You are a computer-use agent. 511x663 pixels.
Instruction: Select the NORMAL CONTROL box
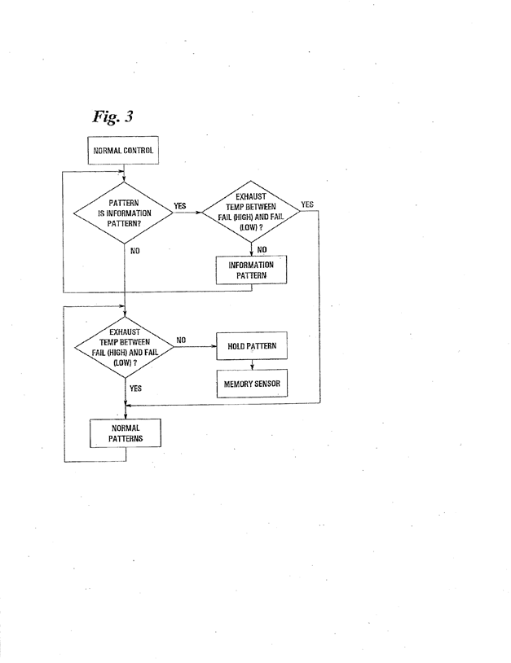point(124,150)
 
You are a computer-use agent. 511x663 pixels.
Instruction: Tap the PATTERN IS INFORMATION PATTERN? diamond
point(124,210)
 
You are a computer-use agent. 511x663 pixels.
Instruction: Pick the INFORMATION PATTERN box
point(252,270)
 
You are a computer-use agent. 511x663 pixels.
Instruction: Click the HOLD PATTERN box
point(252,345)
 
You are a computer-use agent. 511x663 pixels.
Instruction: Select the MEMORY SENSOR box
point(252,383)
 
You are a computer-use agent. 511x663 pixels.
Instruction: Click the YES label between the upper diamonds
point(180,206)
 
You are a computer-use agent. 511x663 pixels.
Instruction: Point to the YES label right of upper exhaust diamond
point(307,204)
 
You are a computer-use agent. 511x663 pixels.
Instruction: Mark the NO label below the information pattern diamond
point(135,251)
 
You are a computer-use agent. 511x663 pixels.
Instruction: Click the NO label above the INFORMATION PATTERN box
point(262,249)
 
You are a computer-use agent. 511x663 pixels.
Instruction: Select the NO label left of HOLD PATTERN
point(181,340)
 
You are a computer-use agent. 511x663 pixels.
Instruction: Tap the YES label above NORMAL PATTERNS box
point(136,389)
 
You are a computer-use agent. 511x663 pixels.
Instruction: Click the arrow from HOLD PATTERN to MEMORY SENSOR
point(252,365)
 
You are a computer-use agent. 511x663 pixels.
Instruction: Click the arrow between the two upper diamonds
point(187,211)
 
